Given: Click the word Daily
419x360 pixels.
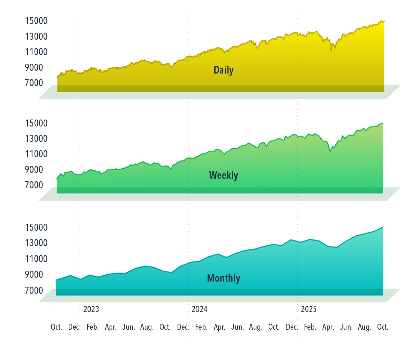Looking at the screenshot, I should coord(223,70).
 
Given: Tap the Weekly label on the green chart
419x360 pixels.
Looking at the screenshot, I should coord(223,175).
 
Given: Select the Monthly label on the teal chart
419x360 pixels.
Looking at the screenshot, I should coord(223,278).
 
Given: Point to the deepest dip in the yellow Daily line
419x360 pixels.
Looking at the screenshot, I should coord(331,51).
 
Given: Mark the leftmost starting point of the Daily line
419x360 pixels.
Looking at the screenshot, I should coord(57,76).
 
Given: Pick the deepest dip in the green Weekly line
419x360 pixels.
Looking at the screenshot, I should coord(330,151).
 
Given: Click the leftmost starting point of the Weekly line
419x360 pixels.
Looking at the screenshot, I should coord(57,179).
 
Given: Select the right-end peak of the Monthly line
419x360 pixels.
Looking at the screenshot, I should coord(383,227).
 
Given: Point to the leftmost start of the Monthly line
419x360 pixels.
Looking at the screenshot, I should coord(56,280).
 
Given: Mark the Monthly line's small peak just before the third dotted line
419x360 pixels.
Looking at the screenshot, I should coord(291,239).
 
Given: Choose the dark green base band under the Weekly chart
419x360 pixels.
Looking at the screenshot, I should coord(220,190).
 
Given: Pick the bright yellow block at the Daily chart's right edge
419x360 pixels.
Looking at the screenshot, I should coord(401,52).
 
